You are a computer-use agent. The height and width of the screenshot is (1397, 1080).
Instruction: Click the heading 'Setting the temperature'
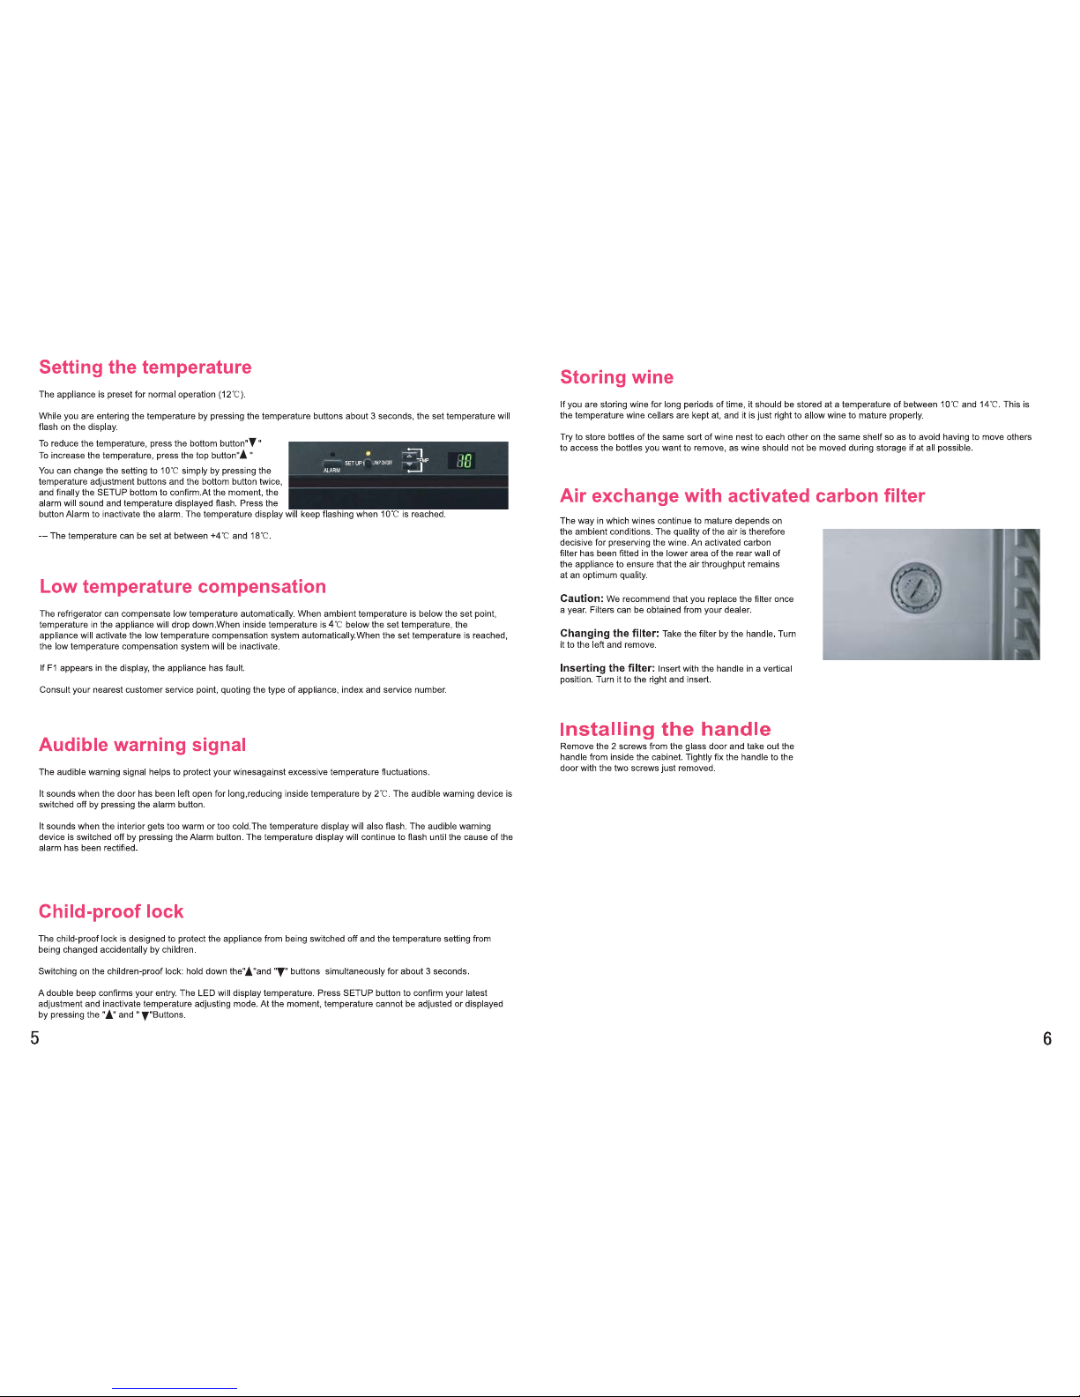(x=145, y=367)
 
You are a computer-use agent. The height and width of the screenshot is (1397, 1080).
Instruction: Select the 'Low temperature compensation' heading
(x=183, y=586)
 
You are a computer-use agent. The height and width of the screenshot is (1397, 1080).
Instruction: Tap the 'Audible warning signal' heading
(x=143, y=745)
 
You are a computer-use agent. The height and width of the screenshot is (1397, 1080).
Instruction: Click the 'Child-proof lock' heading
(x=111, y=911)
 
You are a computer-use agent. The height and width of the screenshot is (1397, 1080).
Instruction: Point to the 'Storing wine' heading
(x=616, y=376)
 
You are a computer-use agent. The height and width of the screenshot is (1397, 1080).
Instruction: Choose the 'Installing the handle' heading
(x=666, y=729)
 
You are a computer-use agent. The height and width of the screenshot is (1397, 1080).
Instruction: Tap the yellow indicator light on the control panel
(x=368, y=454)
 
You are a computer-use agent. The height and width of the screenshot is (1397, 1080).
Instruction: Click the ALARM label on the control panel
(x=331, y=471)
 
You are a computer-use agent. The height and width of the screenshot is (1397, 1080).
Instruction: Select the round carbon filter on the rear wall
(x=916, y=588)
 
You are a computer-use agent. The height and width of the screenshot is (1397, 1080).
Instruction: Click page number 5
(x=34, y=1037)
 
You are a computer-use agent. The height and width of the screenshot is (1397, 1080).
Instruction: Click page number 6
(x=1047, y=1038)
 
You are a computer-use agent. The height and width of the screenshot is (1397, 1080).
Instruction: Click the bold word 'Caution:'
(x=582, y=598)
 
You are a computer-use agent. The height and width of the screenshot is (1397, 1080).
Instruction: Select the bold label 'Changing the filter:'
(x=609, y=633)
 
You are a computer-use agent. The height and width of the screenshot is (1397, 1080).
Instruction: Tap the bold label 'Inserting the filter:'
(x=607, y=668)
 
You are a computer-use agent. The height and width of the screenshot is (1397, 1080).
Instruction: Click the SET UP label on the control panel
(x=354, y=463)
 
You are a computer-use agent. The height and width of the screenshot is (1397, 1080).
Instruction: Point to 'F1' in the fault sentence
(x=52, y=668)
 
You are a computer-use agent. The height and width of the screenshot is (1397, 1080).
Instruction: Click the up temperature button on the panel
(x=409, y=456)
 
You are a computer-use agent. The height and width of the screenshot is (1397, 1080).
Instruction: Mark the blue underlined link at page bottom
(x=175, y=1389)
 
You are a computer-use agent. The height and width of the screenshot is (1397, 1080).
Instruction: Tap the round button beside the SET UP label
(x=369, y=464)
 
